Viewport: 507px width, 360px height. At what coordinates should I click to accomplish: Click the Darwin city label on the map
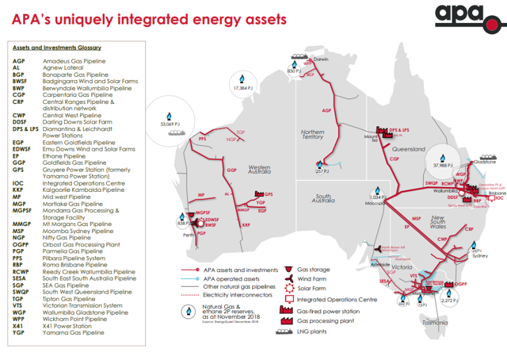pyautogui.click(x=319, y=59)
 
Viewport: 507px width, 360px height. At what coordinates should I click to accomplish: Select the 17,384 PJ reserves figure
pyautogui.click(x=245, y=89)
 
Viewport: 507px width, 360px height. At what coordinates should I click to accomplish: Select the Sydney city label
pyautogui.click(x=478, y=255)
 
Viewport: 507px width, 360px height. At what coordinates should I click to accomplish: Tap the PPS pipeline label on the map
pyautogui.click(x=202, y=138)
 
